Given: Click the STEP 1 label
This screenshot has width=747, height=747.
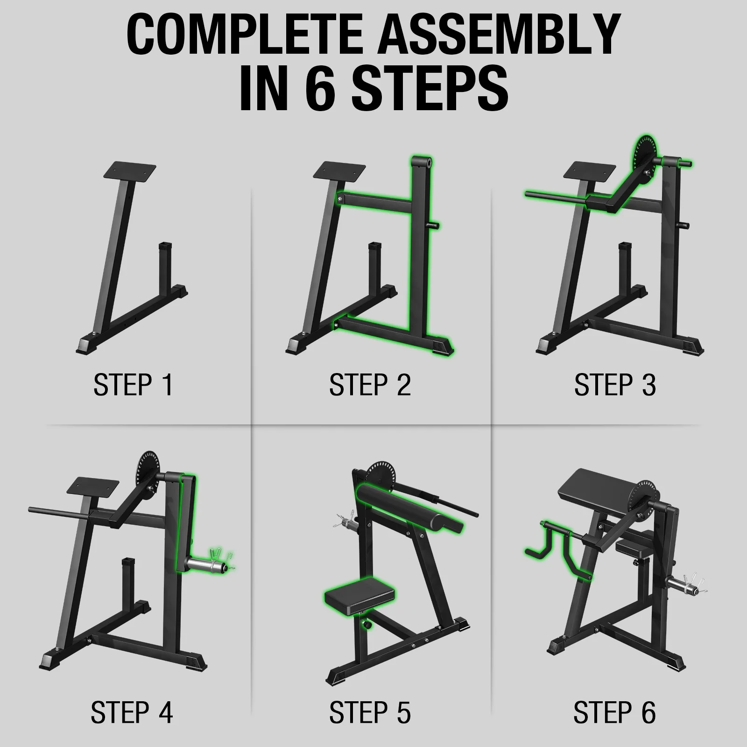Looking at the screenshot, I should (133, 386).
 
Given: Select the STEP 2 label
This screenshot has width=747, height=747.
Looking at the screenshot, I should (370, 386).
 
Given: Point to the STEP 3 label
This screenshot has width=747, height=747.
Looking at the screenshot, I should (615, 386).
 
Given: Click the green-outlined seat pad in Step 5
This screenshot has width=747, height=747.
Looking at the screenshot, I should (359, 594).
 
